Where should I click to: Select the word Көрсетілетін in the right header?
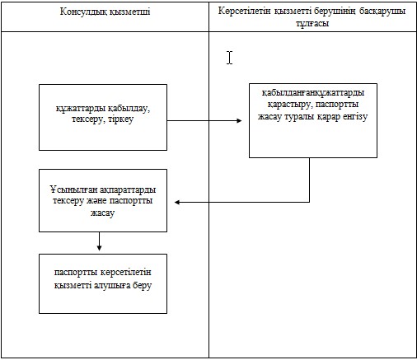[x=244, y=11]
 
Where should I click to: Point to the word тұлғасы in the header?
[x=312, y=24]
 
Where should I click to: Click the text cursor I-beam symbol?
[x=230, y=58]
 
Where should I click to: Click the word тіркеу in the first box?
[x=121, y=119]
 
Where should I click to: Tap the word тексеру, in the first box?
[x=89, y=119]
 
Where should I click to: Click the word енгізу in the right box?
[x=355, y=117]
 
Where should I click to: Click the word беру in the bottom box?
[x=142, y=285]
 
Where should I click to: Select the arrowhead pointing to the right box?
[x=239, y=120]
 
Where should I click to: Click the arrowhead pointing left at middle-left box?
[x=177, y=203]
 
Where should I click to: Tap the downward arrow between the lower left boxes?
[x=100, y=241]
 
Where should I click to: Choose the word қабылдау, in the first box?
[x=129, y=109]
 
